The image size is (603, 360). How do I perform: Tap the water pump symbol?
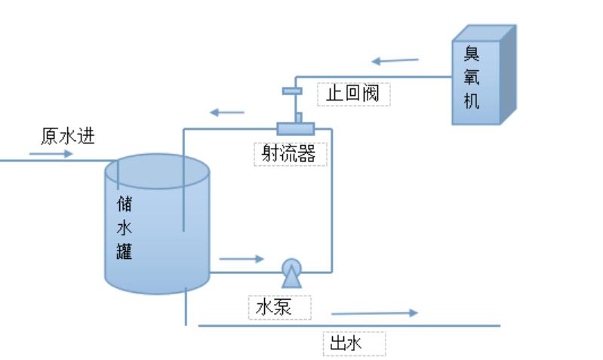tap(291, 272)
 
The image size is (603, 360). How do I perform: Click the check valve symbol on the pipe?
tap(292, 91)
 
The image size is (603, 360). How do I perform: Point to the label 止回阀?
tap(353, 94)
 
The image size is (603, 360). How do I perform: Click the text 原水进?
tap(67, 137)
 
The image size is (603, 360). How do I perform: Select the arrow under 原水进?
tap(51, 154)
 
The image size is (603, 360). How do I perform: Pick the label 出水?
tap(348, 344)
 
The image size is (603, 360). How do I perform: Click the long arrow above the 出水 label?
tap(374, 312)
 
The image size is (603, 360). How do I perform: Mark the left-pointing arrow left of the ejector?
tap(227, 112)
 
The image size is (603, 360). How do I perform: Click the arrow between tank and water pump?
tap(242, 259)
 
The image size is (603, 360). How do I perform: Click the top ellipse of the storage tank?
tap(156, 171)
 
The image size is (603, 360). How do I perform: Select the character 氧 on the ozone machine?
tap(472, 78)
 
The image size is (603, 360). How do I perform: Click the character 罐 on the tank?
tap(125, 251)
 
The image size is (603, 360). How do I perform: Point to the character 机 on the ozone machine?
tap(472, 100)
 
